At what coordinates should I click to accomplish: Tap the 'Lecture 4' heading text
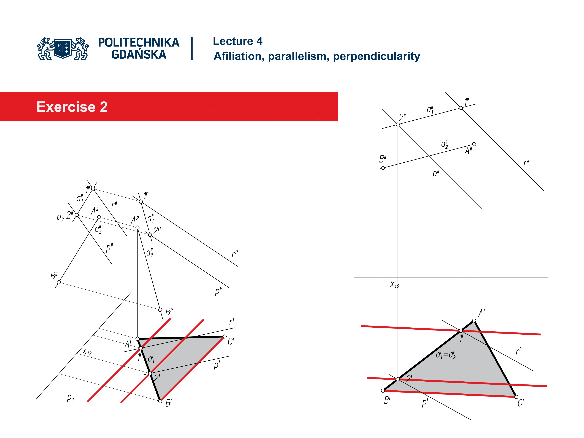[237, 41]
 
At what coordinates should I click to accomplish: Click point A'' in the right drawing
[474, 144]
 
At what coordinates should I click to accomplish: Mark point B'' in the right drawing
[383, 168]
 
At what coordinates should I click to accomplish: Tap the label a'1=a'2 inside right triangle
[445, 355]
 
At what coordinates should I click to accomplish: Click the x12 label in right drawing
[395, 285]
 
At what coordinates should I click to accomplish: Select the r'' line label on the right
[526, 162]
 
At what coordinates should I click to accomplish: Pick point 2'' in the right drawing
[398, 125]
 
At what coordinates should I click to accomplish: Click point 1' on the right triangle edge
[461, 330]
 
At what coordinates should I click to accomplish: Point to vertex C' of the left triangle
[224, 336]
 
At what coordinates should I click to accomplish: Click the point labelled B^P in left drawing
[160, 310]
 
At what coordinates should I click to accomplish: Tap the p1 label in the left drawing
[70, 397]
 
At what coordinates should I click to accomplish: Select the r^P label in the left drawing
[235, 254]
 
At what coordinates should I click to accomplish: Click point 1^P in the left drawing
[141, 202]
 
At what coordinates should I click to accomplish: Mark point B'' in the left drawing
[59, 282]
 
